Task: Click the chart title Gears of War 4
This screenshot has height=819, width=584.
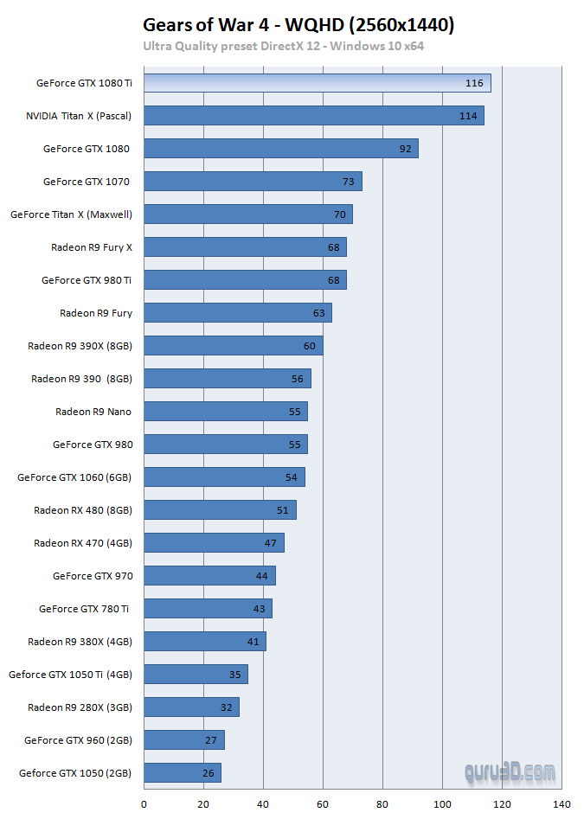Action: click(x=298, y=25)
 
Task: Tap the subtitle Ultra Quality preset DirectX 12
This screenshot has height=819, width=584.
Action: click(x=283, y=46)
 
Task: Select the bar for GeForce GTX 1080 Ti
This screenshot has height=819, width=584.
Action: click(x=317, y=83)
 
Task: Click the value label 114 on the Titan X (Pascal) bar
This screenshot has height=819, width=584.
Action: click(x=468, y=116)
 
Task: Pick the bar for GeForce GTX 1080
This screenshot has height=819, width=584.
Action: click(x=280, y=149)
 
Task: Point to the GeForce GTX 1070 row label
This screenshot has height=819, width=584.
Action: click(x=87, y=182)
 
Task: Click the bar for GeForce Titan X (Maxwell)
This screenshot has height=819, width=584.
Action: click(x=247, y=214)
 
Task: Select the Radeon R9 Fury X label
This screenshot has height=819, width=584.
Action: click(x=92, y=247)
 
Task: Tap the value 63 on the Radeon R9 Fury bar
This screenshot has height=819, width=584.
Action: click(x=319, y=313)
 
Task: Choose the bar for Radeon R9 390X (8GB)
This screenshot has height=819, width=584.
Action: click(x=233, y=346)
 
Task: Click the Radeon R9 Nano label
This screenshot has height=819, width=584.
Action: click(x=93, y=412)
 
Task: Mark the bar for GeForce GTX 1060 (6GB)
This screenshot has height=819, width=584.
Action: click(x=224, y=477)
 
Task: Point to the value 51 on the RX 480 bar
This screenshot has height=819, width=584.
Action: click(x=283, y=510)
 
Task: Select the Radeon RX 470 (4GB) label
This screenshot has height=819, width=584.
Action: click(x=83, y=543)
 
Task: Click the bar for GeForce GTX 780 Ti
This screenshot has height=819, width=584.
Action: click(x=208, y=609)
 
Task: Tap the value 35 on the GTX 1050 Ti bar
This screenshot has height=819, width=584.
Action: click(x=235, y=675)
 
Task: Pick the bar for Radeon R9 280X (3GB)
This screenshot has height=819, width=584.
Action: click(x=191, y=707)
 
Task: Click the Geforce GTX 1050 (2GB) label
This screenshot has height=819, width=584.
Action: click(x=75, y=773)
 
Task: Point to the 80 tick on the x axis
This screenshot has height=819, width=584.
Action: click(x=382, y=804)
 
